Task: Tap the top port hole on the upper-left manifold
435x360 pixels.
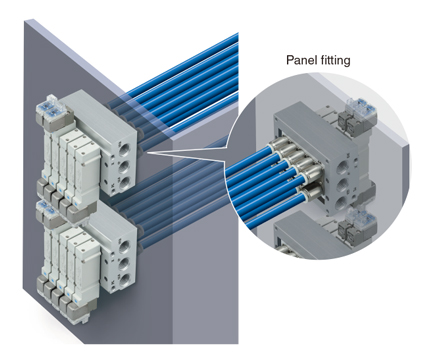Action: tap(124, 149)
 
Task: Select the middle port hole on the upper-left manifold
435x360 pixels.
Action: tap(124, 166)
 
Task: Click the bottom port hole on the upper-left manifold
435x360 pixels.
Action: tap(124, 183)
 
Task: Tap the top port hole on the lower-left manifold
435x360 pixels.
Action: tap(124, 248)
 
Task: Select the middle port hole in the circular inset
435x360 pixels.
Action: tap(341, 185)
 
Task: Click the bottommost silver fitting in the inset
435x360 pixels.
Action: tap(311, 192)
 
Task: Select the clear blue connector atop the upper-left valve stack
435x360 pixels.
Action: tap(51, 108)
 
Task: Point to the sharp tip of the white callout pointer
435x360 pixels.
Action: tap(146, 152)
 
